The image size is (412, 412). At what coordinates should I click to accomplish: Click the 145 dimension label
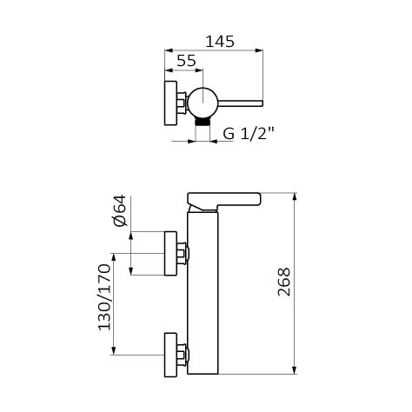click(x=220, y=42)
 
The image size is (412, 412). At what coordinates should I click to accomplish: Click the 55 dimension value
click(x=186, y=61)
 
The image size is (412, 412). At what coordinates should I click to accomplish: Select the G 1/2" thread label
click(x=249, y=134)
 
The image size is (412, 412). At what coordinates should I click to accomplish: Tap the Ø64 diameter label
click(x=120, y=210)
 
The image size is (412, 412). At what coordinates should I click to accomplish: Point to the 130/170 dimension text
click(x=104, y=297)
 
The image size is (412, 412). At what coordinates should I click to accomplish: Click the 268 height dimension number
click(x=284, y=282)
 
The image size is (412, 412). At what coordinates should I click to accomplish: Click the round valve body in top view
click(x=203, y=103)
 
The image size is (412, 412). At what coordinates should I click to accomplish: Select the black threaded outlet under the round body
click(x=203, y=122)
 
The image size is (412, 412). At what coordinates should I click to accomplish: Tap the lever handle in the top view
click(x=240, y=103)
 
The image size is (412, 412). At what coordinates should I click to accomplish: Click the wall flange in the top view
click(x=170, y=103)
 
